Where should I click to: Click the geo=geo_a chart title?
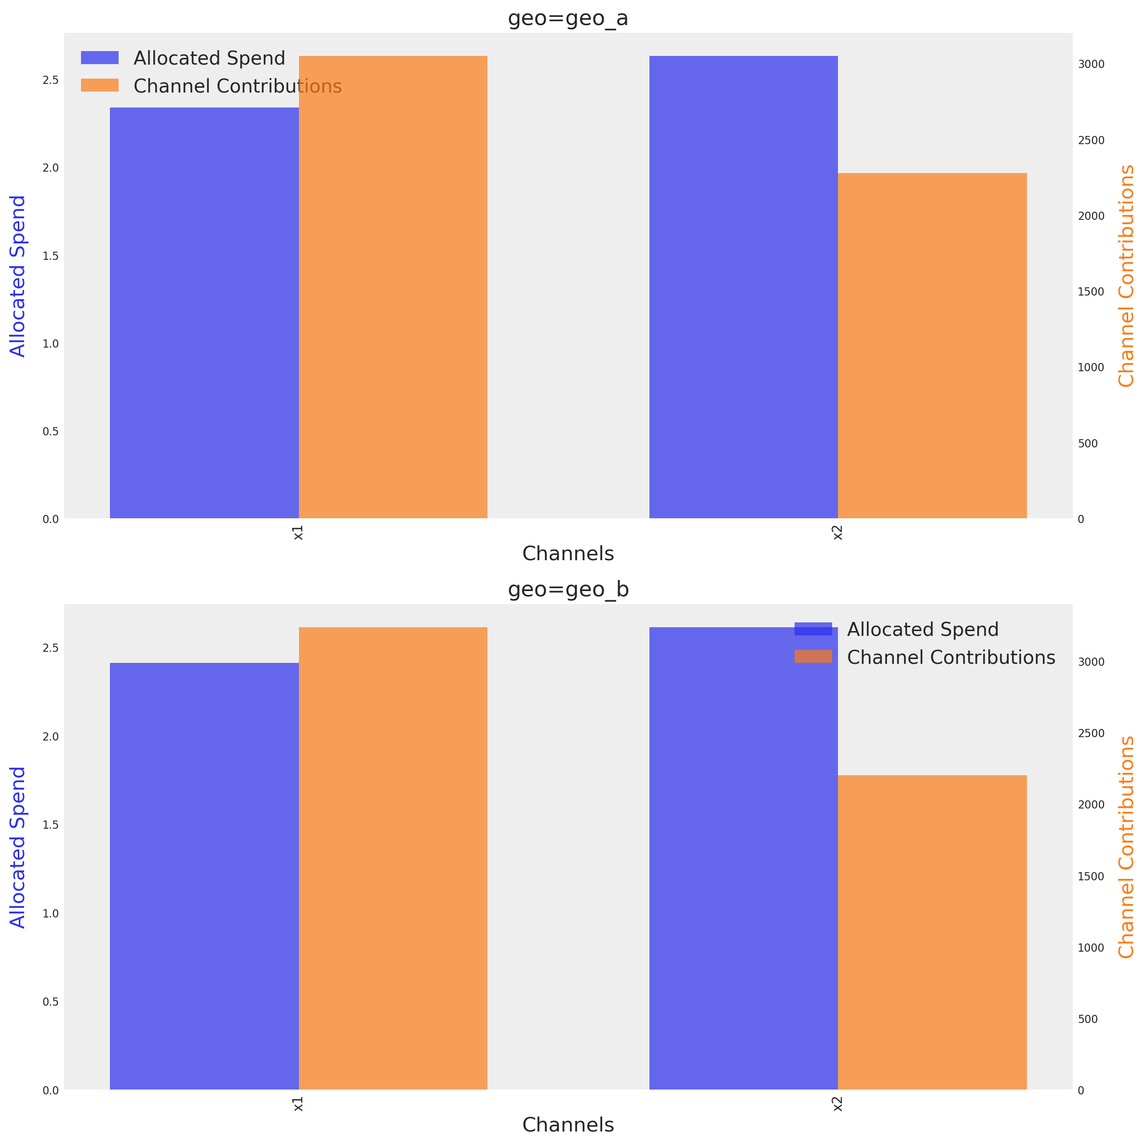(x=567, y=18)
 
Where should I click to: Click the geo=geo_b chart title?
(x=567, y=590)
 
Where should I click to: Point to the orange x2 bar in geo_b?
(x=932, y=932)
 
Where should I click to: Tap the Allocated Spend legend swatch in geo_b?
(x=813, y=629)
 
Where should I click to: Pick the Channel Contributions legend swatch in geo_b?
(x=813, y=657)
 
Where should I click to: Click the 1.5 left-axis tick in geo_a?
(x=51, y=256)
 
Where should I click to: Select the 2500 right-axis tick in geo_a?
(x=1091, y=140)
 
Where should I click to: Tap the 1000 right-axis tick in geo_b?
(x=1091, y=948)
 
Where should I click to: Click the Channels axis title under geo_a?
(x=567, y=554)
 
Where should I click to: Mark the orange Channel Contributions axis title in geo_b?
(x=1126, y=847)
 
